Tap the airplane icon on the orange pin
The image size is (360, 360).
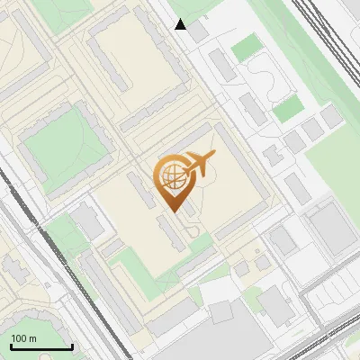[199, 165]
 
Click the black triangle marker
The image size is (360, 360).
[181, 24]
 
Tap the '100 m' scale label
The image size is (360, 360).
[23, 338]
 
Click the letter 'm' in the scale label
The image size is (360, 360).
[32, 338]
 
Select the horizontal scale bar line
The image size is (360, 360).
[41, 346]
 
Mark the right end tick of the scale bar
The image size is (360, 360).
[72, 345]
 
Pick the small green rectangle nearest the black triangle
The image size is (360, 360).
[245, 49]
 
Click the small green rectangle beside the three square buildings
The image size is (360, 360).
[288, 110]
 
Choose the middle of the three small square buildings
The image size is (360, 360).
[311, 130]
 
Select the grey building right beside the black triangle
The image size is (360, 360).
[197, 32]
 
